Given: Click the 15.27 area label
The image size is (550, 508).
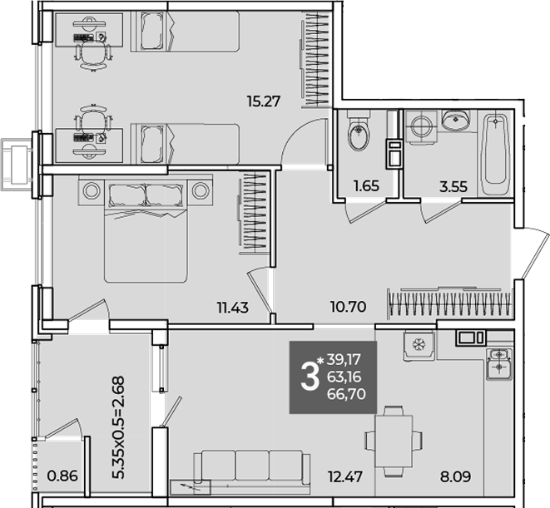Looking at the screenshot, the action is tap(264, 101).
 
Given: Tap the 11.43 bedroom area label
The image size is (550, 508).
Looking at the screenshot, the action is tap(232, 308).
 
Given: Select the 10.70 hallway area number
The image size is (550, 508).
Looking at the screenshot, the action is tap(349, 307).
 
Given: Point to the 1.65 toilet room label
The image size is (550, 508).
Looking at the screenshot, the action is tap(367, 185).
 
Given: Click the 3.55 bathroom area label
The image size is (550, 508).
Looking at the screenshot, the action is tap(453, 187).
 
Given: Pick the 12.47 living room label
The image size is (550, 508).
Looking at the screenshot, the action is tap(345, 476).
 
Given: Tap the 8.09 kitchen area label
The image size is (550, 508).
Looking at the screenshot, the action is tap(455, 476).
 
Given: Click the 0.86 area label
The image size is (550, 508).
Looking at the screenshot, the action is tap(62, 476).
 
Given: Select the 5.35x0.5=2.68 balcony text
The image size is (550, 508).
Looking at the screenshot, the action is tap(118, 427).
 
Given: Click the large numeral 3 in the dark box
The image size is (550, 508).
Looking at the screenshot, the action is tap(310, 377).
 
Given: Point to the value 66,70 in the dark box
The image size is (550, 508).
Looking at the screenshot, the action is tap(346, 394).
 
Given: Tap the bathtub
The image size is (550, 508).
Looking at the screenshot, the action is tap(495, 154).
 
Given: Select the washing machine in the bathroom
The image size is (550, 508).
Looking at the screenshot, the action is tap(421, 126).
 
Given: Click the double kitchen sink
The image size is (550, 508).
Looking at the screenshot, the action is tap(499, 364).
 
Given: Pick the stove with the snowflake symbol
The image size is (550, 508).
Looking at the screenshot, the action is tap(419, 345).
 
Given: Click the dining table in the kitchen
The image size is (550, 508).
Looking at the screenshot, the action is tap(394, 441).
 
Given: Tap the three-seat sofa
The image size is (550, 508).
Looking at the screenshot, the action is tap(252, 467).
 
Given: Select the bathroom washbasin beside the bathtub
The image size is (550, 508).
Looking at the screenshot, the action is tap(455, 120).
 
